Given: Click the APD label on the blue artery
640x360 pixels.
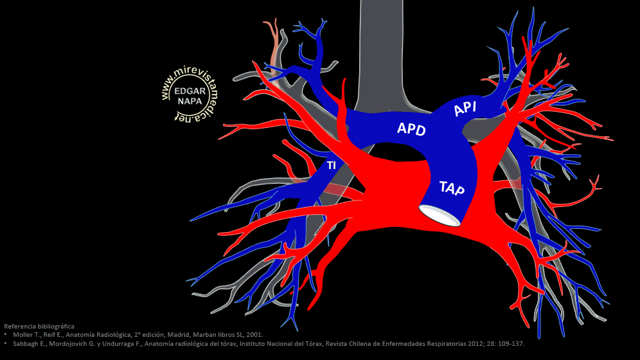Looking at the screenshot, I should (x=411, y=129).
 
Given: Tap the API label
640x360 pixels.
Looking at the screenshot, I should (x=465, y=109).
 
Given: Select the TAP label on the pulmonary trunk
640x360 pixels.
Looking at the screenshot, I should (x=453, y=188).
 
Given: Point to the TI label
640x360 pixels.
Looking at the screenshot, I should (x=332, y=166).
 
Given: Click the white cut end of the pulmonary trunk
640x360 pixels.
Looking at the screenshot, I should (x=440, y=215).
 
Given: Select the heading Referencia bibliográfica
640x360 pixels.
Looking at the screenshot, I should (x=39, y=327).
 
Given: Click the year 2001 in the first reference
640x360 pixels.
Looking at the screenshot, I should (x=256, y=335).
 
